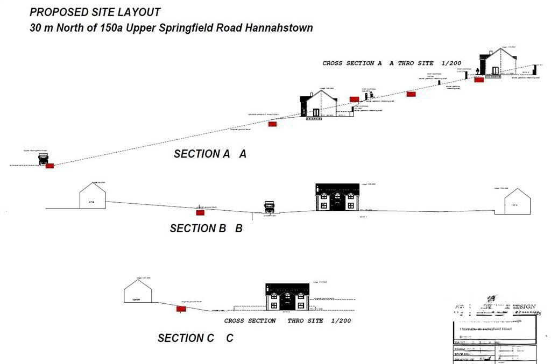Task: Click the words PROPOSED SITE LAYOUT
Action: (95, 12)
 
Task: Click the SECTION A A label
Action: (210, 154)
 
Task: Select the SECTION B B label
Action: (206, 229)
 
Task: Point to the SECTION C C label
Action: (195, 338)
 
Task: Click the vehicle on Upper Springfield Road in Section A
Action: (43, 159)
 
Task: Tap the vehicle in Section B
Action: (269, 207)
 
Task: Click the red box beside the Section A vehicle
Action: (50, 166)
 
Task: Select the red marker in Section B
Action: (200, 213)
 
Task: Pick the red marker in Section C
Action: (181, 309)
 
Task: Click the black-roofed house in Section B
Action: (337, 197)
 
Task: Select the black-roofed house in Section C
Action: (287, 297)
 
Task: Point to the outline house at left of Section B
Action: (93, 196)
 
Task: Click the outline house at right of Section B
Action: (517, 202)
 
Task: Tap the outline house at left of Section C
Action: (138, 292)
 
